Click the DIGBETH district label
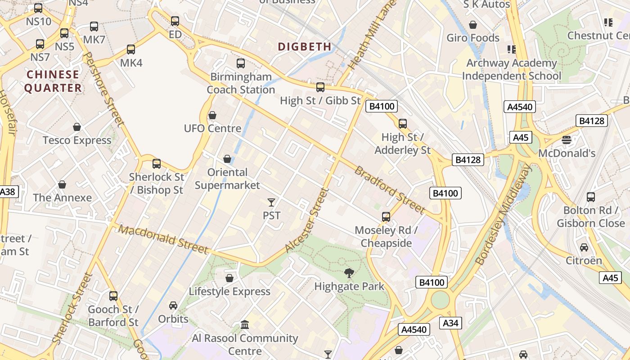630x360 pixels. tap(305, 46)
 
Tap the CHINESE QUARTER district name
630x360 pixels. tap(53, 81)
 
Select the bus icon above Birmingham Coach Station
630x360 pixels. tap(241, 63)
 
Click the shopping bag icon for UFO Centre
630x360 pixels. tap(212, 116)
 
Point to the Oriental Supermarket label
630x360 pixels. tap(227, 179)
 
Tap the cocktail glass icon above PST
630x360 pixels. tap(271, 202)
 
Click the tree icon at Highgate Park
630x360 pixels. tap(349, 273)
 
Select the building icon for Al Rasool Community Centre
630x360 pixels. tap(245, 324)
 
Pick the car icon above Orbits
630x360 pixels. tap(173, 306)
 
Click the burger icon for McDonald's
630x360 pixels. tap(566, 140)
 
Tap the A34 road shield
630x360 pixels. tap(450, 323)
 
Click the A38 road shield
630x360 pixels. tap(7, 192)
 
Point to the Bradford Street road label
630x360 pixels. tap(389, 190)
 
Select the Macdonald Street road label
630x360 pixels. tap(164, 240)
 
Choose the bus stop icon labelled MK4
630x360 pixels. tap(131, 49)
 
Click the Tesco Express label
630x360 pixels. tap(77, 140)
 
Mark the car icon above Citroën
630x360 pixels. tap(584, 247)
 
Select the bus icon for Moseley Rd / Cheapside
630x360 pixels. tap(386, 217)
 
